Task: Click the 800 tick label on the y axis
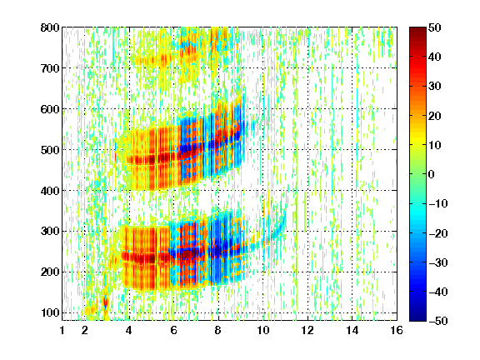[x=50, y=27]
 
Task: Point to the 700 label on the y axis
[x=50, y=68]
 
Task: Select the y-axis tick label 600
[x=50, y=109]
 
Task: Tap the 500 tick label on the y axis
[x=50, y=150]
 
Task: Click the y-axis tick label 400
[x=50, y=191]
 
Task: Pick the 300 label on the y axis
[x=50, y=232]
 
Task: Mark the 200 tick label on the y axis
[x=50, y=272]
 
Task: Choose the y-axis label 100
[x=50, y=312]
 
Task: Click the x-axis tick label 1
[x=62, y=330]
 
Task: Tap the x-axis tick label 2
[x=85, y=330]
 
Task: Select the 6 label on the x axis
[x=173, y=330]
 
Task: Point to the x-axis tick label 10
[x=262, y=330]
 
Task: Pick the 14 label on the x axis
[x=352, y=330]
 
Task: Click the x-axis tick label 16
[x=397, y=330]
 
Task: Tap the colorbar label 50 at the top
[x=434, y=27]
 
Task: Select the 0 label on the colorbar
[x=431, y=174]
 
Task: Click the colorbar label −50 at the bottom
[x=437, y=321]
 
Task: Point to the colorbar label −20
[x=437, y=233]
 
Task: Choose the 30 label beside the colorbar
[x=434, y=87]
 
